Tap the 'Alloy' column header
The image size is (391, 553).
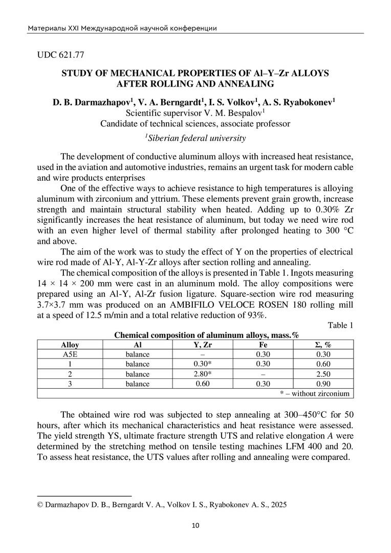[x=70, y=345]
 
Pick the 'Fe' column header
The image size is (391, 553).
[x=262, y=345]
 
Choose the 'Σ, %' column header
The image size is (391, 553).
[x=323, y=345]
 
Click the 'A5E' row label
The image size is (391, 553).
[x=70, y=354]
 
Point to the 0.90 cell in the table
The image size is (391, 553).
[x=323, y=384]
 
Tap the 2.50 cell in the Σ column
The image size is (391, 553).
[x=323, y=374]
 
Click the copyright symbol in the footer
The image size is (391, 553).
[x=41, y=504]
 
